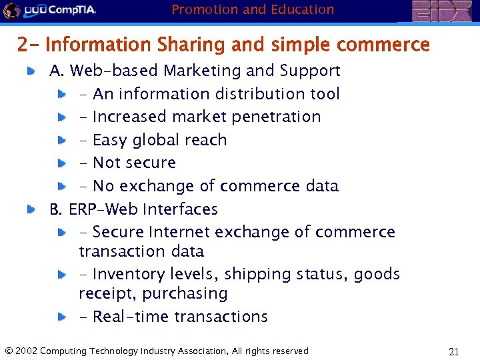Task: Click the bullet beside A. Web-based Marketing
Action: (31, 71)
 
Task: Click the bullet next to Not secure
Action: (61, 163)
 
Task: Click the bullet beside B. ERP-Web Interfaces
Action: (31, 209)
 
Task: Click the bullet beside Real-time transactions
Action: (61, 317)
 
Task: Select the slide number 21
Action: (454, 352)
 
